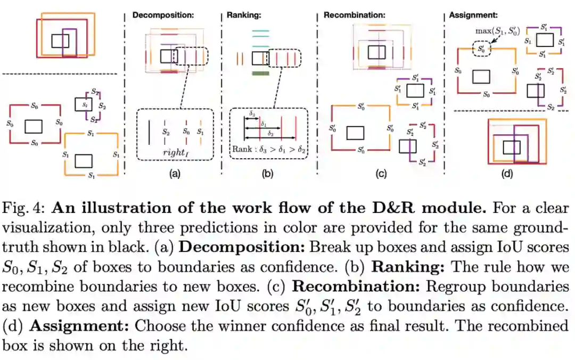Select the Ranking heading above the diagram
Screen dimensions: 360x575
point(245,15)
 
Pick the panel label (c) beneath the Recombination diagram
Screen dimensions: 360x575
point(380,174)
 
